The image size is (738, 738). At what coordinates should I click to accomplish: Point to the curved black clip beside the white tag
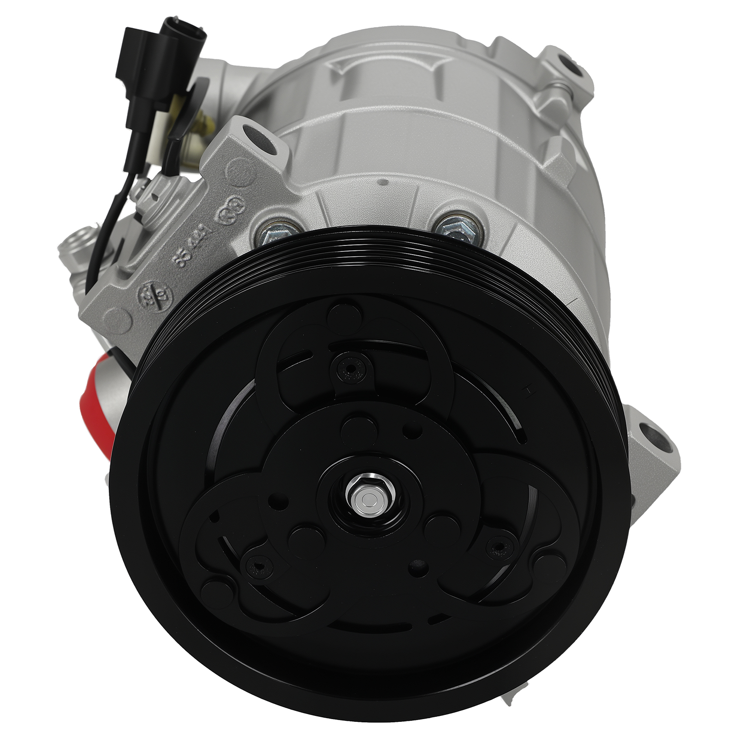click(184, 111)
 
